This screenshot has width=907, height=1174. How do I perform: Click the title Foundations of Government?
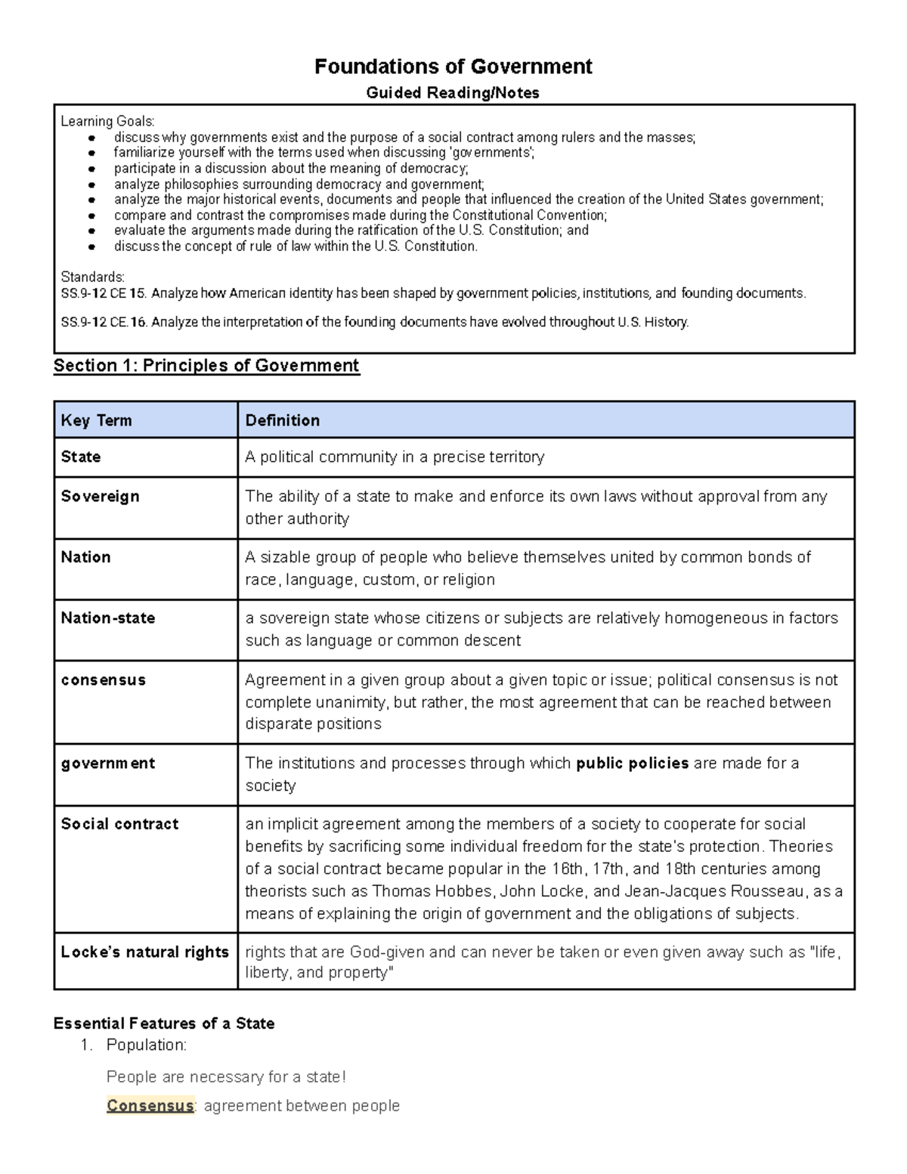point(453,67)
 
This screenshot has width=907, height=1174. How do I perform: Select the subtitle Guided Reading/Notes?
point(453,93)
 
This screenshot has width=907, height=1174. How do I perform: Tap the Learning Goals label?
point(107,122)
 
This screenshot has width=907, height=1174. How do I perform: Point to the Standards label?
point(92,277)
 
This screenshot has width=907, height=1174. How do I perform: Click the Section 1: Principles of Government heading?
point(206,366)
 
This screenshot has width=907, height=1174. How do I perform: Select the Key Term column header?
point(96,420)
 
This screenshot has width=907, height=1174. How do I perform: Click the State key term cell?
point(81,457)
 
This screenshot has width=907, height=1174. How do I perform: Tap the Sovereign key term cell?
point(100,497)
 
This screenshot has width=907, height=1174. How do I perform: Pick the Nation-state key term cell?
point(108,618)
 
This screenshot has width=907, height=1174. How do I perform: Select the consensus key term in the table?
point(103,680)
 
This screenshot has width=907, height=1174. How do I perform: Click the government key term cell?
point(107,764)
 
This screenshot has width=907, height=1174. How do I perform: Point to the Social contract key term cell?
point(119,824)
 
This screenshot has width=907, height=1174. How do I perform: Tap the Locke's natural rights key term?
point(144,953)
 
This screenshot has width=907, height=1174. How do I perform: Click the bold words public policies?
point(632,764)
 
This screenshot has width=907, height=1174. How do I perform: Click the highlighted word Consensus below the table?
point(150,1106)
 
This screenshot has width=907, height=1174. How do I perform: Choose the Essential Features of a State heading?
point(164,1024)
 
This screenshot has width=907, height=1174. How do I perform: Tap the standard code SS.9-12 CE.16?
point(104,323)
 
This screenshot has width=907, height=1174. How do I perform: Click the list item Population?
point(146,1045)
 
